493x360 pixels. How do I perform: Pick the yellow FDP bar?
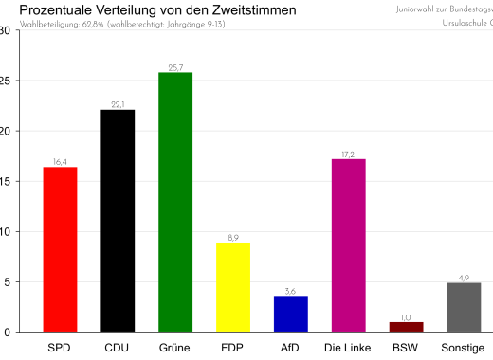(233, 287)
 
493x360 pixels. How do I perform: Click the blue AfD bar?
(291, 314)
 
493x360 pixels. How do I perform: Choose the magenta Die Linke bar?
(349, 245)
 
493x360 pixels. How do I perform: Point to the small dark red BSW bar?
(406, 327)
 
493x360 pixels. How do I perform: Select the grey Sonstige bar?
(464, 307)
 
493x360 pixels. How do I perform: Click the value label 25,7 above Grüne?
(175, 67)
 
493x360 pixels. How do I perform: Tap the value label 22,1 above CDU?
(118, 104)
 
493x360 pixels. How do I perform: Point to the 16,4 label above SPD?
(60, 162)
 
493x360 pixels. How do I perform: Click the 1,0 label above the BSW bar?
(406, 317)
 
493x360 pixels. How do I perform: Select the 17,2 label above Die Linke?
(349, 153)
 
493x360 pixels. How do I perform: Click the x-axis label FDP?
(233, 348)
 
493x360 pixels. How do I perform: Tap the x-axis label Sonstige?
(464, 348)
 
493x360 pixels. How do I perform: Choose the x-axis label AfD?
(291, 348)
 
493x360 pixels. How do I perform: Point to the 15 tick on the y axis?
(5, 181)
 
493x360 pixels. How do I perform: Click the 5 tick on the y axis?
(7, 281)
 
